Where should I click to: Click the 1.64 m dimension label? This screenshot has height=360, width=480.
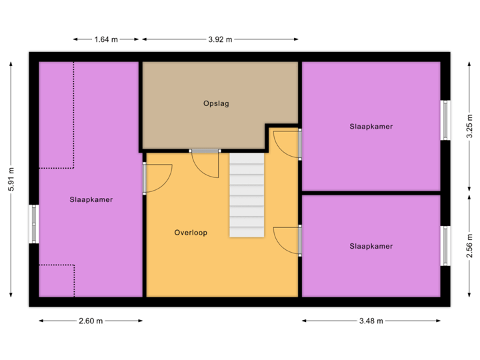click(x=106, y=39)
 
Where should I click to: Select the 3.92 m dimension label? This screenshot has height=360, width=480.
click(x=221, y=39)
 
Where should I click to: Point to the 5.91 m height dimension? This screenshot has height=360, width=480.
click(x=11, y=179)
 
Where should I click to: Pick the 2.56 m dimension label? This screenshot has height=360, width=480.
click(x=469, y=245)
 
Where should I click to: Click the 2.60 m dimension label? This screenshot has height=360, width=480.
click(x=91, y=321)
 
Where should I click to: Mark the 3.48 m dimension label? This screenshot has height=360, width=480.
click(x=371, y=321)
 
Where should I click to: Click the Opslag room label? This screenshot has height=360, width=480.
click(x=216, y=104)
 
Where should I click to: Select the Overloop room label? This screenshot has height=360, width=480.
click(x=191, y=233)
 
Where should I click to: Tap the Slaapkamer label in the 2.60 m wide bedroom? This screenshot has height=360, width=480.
click(x=91, y=199)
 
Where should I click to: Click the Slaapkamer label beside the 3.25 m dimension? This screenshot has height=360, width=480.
click(x=371, y=126)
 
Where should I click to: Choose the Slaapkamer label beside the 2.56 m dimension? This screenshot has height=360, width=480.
click(x=371, y=246)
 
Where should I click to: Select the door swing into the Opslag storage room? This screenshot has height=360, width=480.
click(x=205, y=163)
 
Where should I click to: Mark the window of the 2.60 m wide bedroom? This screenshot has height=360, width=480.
click(x=34, y=224)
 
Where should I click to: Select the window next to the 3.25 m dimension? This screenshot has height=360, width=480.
click(x=445, y=120)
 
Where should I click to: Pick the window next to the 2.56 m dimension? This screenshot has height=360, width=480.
click(x=445, y=246)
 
